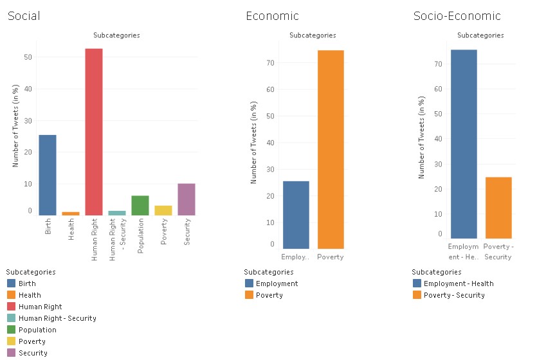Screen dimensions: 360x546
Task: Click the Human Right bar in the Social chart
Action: pyautogui.click(x=94, y=132)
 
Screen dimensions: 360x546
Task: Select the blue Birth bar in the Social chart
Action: pyautogui.click(x=48, y=175)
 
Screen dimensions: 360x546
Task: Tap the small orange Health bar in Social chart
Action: pyautogui.click(x=71, y=213)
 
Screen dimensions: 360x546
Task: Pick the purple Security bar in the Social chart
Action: pyautogui.click(x=187, y=199)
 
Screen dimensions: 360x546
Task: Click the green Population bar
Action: pyautogui.click(x=140, y=205)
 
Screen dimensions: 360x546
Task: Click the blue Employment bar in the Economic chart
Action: pyautogui.click(x=296, y=215)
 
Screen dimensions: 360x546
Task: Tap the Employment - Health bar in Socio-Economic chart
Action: pyautogui.click(x=464, y=144)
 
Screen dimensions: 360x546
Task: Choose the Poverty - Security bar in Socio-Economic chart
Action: pyautogui.click(x=498, y=208)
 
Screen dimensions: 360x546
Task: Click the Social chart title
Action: pyautogui.click(x=24, y=16)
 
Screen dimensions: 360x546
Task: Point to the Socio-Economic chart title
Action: pyautogui.click(x=457, y=16)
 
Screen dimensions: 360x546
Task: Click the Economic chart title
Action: pyautogui.click(x=272, y=16)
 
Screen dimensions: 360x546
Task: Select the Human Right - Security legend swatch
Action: pyautogui.click(x=12, y=318)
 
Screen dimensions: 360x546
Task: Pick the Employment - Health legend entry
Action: pyautogui.click(x=459, y=283)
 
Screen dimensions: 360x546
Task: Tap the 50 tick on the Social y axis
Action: pyautogui.click(x=28, y=57)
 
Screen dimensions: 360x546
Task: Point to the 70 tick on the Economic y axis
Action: pyautogui.click(x=271, y=63)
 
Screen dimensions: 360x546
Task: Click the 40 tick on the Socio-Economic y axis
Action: pyautogui.click(x=438, y=139)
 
